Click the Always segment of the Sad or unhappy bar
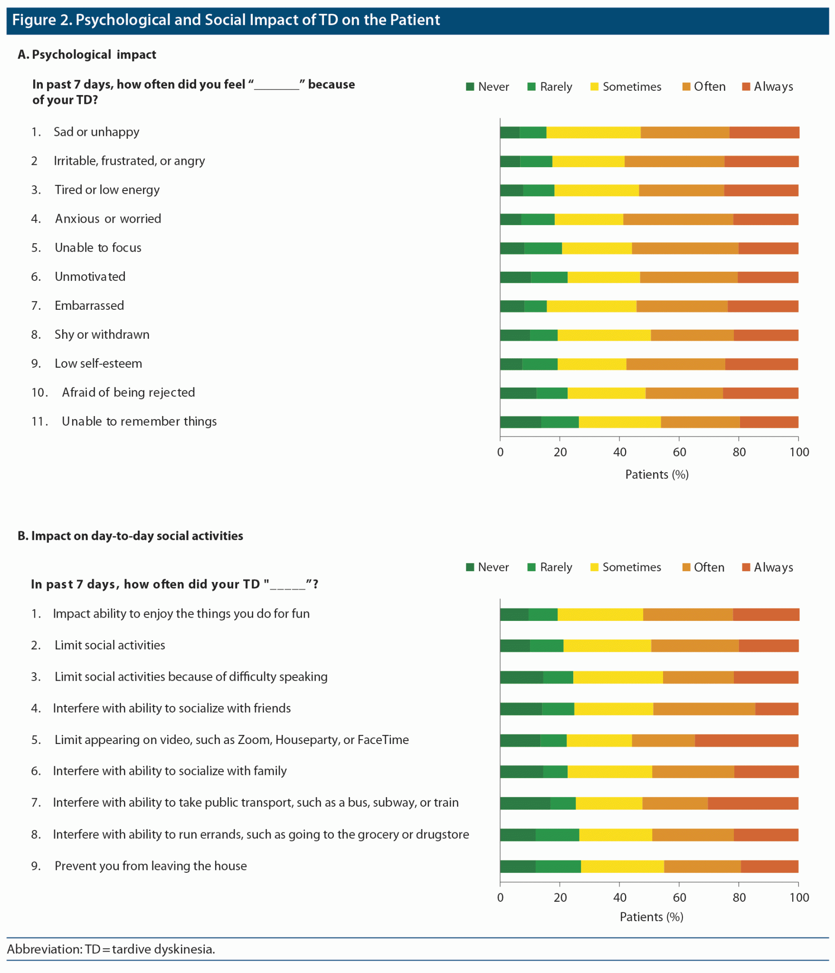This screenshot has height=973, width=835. [x=764, y=133]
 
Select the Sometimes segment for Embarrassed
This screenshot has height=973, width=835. [x=591, y=306]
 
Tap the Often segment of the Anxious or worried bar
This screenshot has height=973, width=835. [x=678, y=219]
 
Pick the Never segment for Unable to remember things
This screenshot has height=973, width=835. [x=520, y=422]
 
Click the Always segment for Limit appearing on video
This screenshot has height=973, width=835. [x=746, y=741]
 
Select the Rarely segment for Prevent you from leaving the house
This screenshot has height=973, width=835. [x=558, y=867]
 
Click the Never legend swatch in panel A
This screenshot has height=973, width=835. [x=470, y=87]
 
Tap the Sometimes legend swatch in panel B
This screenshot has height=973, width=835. [x=594, y=567]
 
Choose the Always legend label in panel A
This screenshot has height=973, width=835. [x=773, y=87]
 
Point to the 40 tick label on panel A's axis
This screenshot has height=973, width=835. [x=619, y=452]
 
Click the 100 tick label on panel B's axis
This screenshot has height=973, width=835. [x=799, y=897]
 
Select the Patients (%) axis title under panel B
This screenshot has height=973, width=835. [x=651, y=917]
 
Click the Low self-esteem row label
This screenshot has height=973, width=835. [x=98, y=364]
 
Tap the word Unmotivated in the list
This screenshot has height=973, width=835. [x=90, y=277]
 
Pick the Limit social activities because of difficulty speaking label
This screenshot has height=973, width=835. [x=191, y=677]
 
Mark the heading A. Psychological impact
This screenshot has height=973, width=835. [x=87, y=55]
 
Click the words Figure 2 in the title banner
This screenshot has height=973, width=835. [x=41, y=20]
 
